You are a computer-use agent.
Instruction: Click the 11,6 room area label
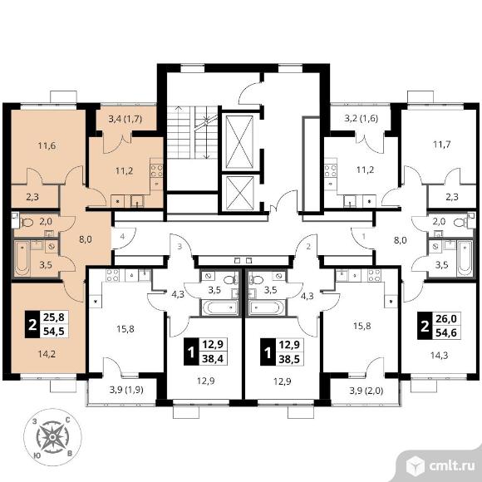(47, 145)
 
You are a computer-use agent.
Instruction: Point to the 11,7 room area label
(442, 144)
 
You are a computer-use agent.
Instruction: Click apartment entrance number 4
(122, 237)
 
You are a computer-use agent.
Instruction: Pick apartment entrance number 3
(180, 246)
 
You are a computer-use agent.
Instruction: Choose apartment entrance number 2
(308, 247)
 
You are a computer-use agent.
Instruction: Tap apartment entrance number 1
(364, 237)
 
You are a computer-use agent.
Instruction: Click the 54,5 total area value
(54, 332)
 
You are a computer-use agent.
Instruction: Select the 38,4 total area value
(213, 358)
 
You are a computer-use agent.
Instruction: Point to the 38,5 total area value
(289, 359)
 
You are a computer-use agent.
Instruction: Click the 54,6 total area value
(446, 332)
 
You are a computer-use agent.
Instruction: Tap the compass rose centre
(52, 437)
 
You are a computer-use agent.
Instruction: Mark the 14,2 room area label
(47, 354)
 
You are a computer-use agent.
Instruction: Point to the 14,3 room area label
(439, 356)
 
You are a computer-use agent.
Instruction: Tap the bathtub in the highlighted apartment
(22, 258)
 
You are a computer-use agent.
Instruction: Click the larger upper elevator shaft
(239, 142)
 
